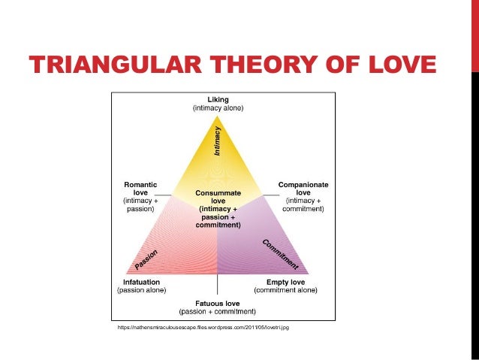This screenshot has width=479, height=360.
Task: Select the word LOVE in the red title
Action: pyautogui.click(x=397, y=66)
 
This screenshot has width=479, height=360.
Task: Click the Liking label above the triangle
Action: pyautogui.click(x=217, y=99)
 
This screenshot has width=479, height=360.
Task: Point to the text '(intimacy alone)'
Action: pyautogui.click(x=217, y=108)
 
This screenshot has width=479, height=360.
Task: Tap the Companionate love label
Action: pyautogui.click(x=303, y=188)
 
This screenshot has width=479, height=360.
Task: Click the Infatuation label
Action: pyautogui.click(x=142, y=282)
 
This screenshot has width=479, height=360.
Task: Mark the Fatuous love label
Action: pyautogui.click(x=217, y=303)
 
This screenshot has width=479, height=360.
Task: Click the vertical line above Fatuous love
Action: pyautogui.click(x=217, y=285)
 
